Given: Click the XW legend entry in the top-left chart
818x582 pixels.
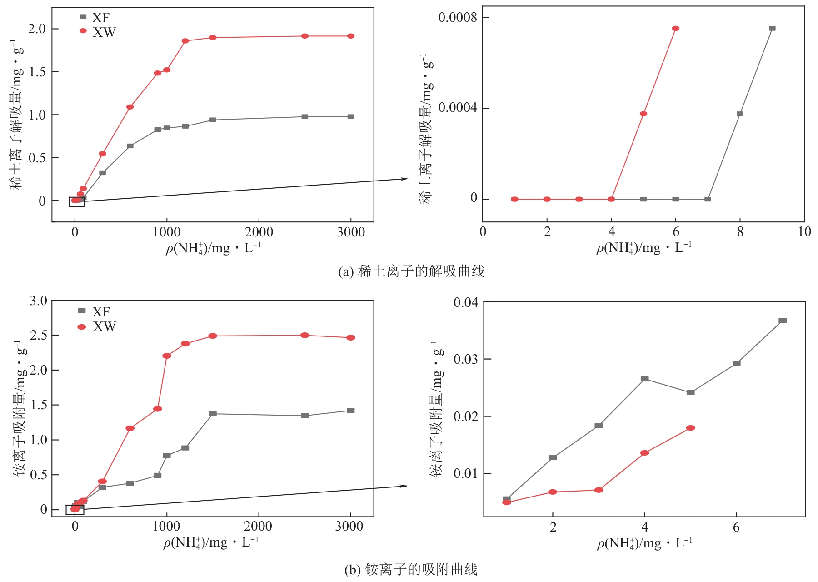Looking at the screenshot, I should click(x=98, y=32).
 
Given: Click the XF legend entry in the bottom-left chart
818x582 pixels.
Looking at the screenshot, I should click(x=94, y=311).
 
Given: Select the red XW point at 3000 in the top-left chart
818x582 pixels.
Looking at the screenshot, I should click(x=350, y=36).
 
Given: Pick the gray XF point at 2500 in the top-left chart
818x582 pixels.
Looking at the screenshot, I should click(x=304, y=117).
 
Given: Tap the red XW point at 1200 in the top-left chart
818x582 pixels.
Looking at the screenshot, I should click(x=185, y=41).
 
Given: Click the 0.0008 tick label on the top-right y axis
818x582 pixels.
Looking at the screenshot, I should click(x=457, y=18).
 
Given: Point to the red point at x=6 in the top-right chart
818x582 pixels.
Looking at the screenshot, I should click(x=675, y=28).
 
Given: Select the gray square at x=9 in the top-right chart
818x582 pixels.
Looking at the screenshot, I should click(x=772, y=28).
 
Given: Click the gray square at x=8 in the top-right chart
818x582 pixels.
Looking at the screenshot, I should click(x=740, y=114).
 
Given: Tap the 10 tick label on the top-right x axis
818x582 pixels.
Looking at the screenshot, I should click(x=804, y=231).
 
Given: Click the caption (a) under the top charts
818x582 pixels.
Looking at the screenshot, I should click(x=411, y=271).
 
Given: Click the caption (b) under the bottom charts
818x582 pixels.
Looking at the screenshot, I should click(x=411, y=569).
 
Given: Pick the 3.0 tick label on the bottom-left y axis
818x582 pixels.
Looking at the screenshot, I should click(x=38, y=301).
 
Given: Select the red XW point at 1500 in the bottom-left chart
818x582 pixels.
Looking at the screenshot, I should click(x=213, y=336).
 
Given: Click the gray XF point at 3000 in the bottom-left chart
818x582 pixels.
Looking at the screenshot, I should click(x=350, y=411).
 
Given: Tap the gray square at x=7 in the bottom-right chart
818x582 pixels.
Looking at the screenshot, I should click(x=782, y=321).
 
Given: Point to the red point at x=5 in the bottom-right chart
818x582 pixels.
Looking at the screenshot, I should click(x=690, y=428).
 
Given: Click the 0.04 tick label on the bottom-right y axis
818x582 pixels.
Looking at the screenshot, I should click(x=466, y=302).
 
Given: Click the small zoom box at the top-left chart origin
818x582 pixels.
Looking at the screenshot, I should click(x=77, y=202).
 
